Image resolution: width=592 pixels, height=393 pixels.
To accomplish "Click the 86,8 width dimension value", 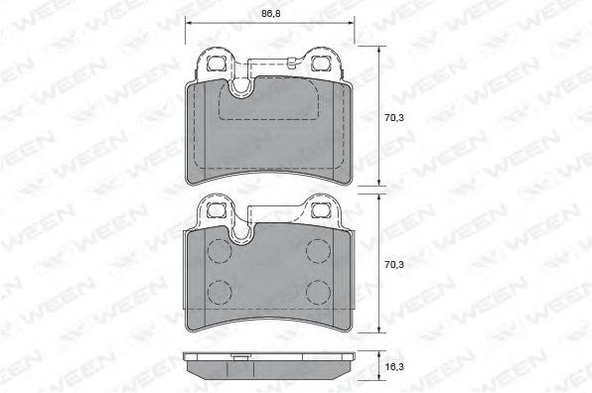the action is pyautogui.click(x=271, y=14).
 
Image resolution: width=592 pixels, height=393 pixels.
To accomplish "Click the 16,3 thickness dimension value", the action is pyautogui.click(x=394, y=366).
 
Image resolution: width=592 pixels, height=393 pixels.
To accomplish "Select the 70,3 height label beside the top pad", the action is pyautogui.click(x=394, y=118).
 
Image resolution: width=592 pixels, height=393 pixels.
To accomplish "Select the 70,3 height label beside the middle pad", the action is pyautogui.click(x=394, y=265).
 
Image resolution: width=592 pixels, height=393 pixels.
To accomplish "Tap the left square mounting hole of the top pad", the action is pyautogui.click(x=217, y=64).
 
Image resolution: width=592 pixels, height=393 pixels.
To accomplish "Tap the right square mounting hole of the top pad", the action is pyautogui.click(x=321, y=64).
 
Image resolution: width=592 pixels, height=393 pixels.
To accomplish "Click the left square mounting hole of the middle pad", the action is pyautogui.click(x=217, y=210).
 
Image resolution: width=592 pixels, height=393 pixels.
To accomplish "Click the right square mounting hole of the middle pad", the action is pyautogui.click(x=321, y=210).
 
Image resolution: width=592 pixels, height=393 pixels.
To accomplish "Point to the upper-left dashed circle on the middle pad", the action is pyautogui.click(x=220, y=251).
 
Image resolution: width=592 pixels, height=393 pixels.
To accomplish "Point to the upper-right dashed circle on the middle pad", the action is pyautogui.click(x=318, y=251).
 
